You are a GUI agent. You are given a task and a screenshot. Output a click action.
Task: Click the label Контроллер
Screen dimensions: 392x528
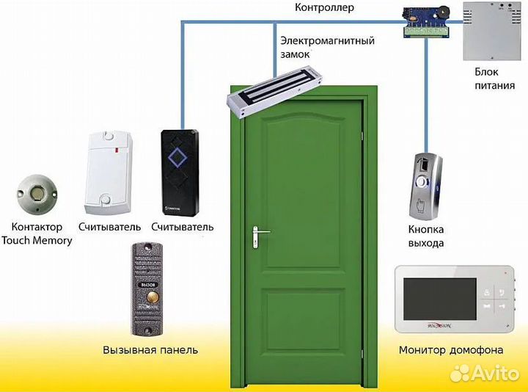[x=324, y=8]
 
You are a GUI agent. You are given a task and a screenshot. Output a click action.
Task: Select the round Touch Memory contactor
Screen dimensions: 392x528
[x=35, y=193]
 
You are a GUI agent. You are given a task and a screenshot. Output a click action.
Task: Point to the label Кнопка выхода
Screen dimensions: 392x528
[x=426, y=236]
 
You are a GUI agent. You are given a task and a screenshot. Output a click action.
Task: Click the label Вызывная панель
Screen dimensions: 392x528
[x=150, y=349]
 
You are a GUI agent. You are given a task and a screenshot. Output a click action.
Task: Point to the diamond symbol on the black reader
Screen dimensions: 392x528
[x=177, y=156]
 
